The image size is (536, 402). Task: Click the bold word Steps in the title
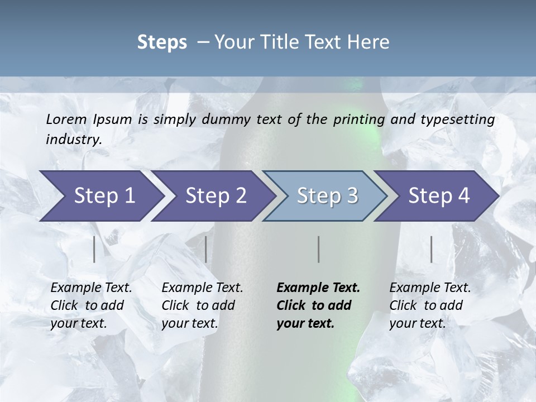(x=162, y=42)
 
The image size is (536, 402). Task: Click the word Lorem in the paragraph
(x=66, y=119)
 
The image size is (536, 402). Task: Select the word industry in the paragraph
(x=73, y=139)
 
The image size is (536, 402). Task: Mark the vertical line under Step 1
(x=94, y=249)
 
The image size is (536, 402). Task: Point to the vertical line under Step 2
(x=206, y=249)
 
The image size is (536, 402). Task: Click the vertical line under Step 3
(x=318, y=249)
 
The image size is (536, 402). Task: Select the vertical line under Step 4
(x=432, y=249)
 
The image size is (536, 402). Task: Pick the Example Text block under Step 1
(x=91, y=305)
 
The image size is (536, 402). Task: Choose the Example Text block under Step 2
(x=202, y=305)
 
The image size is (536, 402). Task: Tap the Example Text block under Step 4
(x=430, y=305)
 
